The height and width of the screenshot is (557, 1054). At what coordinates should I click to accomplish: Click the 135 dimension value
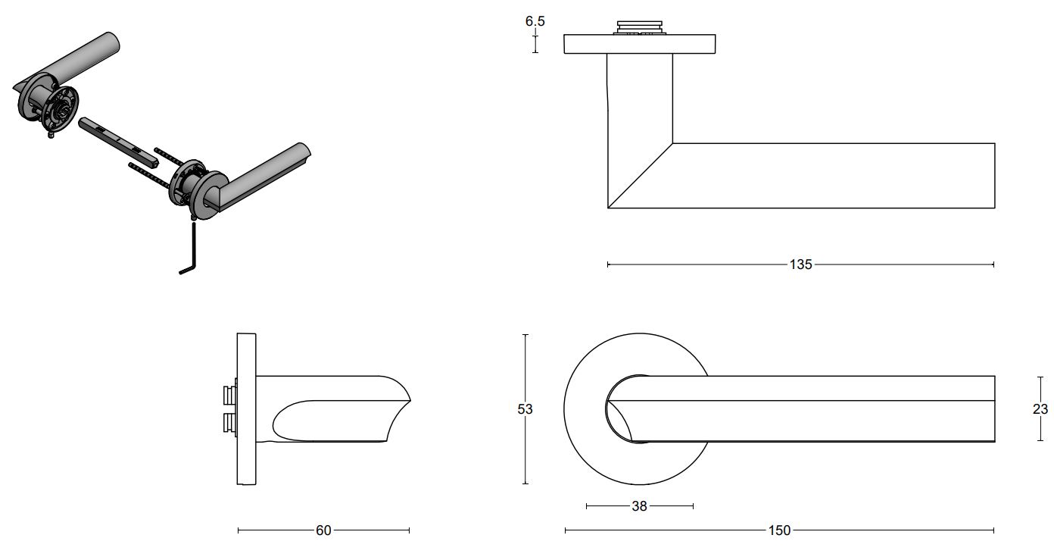(800, 264)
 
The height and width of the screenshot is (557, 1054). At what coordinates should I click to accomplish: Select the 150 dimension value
(779, 530)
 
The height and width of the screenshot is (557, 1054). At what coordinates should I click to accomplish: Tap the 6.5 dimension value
(535, 21)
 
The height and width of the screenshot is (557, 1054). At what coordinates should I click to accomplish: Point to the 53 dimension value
(525, 408)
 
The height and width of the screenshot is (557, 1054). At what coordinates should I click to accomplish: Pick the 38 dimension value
(639, 506)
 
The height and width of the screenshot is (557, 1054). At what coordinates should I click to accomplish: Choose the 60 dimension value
(323, 530)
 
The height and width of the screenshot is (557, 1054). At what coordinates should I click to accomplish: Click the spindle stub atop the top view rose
(641, 28)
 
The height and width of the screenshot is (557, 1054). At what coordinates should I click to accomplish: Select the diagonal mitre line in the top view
(641, 175)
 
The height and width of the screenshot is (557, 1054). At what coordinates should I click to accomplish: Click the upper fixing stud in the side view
(229, 396)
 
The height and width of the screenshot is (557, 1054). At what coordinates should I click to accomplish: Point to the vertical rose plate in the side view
(247, 408)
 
